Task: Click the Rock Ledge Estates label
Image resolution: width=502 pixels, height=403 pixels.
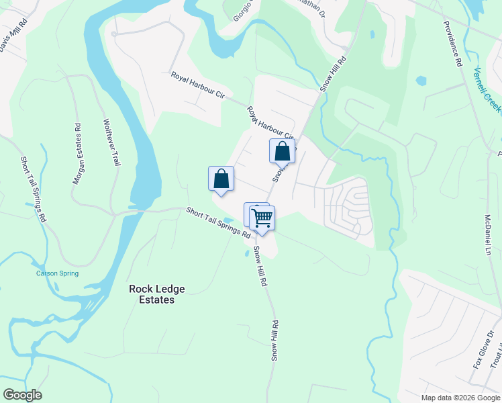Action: (157, 294)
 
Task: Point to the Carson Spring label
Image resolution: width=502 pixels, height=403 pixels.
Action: (57, 273)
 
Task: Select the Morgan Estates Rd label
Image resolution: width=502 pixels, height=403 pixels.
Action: (77, 154)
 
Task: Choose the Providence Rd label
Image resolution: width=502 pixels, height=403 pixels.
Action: (454, 43)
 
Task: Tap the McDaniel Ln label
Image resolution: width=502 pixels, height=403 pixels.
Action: (488, 235)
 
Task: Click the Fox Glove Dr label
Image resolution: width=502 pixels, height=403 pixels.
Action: (479, 350)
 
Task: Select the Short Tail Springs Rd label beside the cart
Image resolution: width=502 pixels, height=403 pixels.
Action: (218, 224)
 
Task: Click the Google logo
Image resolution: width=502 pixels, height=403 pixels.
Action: (22, 395)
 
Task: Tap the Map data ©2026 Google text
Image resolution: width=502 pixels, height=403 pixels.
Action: (460, 398)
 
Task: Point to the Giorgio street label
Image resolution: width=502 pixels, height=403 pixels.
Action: (246, 9)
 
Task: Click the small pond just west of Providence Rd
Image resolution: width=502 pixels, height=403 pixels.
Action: (421, 81)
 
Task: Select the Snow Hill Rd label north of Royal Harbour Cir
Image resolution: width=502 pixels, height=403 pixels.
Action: (333, 73)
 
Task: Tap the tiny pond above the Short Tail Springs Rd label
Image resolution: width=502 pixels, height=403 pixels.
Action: (228, 220)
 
